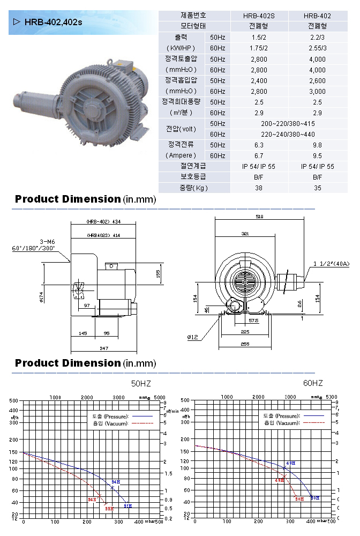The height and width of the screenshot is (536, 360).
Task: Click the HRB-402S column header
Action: click(x=259, y=16)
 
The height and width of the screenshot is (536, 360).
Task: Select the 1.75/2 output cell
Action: click(x=259, y=48)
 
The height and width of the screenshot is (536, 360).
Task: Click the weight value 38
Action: click(x=259, y=188)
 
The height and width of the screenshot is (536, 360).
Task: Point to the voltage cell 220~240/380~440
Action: click(x=288, y=134)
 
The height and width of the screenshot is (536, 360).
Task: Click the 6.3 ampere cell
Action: click(x=259, y=145)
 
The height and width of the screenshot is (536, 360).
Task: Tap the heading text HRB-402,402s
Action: click(x=53, y=22)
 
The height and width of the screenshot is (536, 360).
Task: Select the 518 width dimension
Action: click(x=260, y=216)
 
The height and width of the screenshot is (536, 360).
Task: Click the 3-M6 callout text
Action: click(x=48, y=242)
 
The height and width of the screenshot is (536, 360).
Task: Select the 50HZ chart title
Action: click(x=142, y=384)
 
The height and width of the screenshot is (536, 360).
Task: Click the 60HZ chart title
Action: click(x=313, y=383)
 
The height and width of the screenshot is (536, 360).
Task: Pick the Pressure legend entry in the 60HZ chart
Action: click(x=282, y=415)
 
